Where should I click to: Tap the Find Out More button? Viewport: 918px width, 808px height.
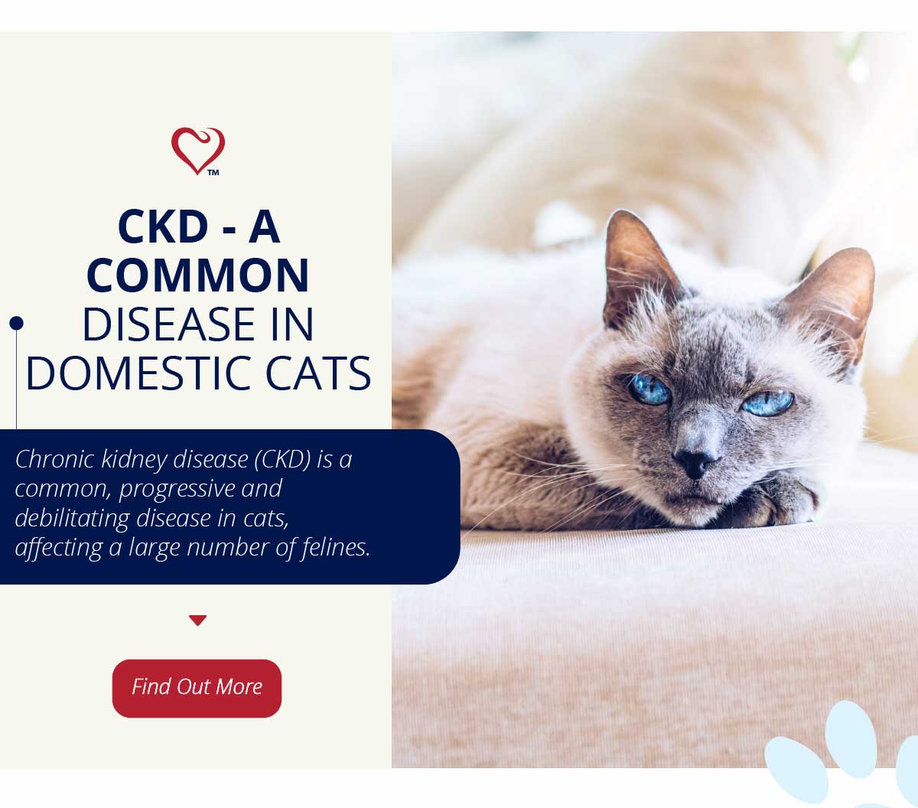(197, 688)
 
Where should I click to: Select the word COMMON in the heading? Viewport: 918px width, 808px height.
(197, 275)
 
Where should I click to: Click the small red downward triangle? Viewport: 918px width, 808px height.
(197, 620)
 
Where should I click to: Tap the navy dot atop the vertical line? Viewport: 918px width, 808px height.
(16, 323)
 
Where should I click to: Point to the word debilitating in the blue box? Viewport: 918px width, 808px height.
(72, 518)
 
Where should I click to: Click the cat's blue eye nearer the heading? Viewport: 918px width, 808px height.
(649, 389)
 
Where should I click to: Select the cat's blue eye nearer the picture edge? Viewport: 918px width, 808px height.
(767, 403)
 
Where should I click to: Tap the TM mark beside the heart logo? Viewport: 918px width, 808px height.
(213, 172)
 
